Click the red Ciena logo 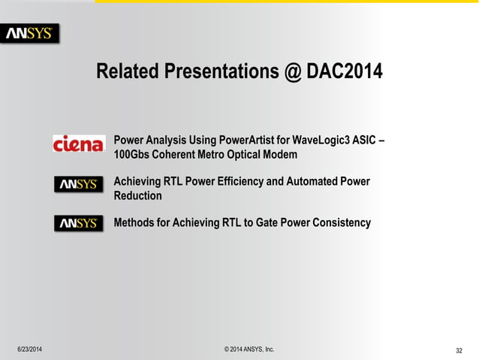(78, 144)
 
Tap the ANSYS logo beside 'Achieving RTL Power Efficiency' (78, 184)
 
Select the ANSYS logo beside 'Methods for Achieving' (78, 223)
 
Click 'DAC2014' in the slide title (344, 72)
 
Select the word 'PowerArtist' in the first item (250, 141)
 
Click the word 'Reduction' (137, 196)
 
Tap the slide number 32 (459, 350)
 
